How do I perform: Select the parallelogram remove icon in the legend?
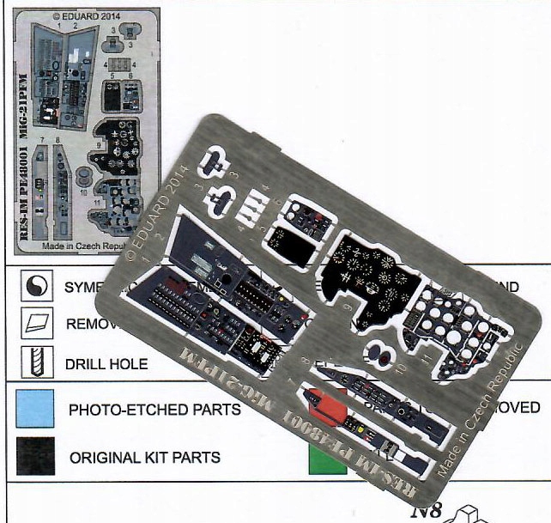pyautogui.click(x=33, y=325)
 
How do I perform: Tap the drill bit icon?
pyautogui.click(x=33, y=362)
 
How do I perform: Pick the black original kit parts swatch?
pyautogui.click(x=33, y=454)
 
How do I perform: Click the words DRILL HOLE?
pyautogui.click(x=106, y=363)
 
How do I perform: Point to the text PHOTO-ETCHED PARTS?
pyautogui.click(x=154, y=410)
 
